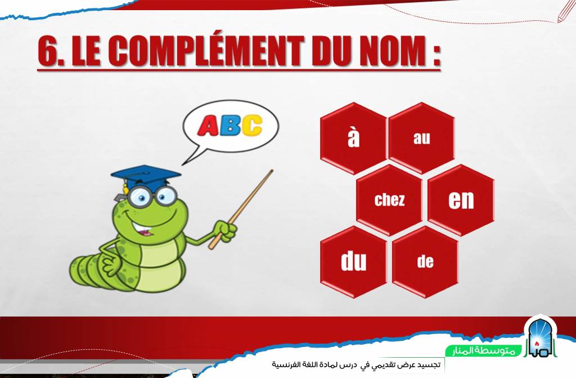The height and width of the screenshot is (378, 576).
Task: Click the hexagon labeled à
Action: (353, 139)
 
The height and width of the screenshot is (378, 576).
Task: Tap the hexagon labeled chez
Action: (389, 200)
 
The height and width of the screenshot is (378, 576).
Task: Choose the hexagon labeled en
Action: (461, 200)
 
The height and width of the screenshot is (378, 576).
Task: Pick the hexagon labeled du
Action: (353, 262)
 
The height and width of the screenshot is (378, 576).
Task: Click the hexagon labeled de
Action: (425, 262)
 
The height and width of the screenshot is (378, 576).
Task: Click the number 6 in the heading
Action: (48, 51)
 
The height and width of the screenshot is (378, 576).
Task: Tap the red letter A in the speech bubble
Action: (208, 126)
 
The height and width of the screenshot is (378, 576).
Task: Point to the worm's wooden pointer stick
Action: (241, 209)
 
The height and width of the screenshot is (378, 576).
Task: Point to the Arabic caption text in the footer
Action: (355, 364)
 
